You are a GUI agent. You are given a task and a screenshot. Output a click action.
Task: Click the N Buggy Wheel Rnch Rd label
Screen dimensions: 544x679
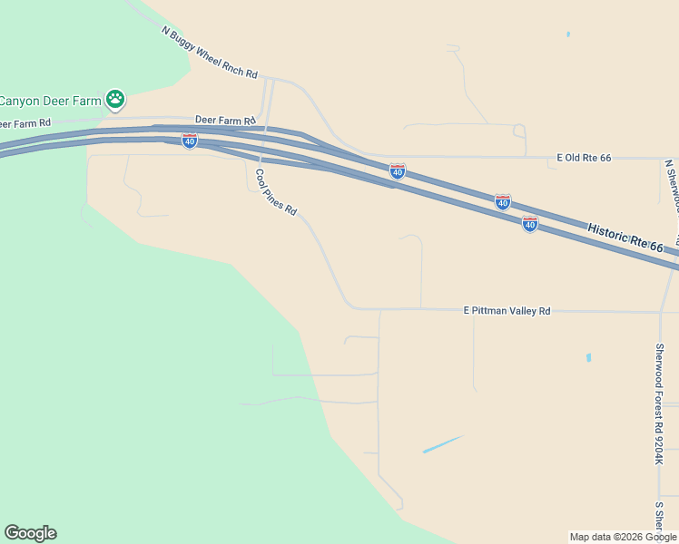coord(210,53)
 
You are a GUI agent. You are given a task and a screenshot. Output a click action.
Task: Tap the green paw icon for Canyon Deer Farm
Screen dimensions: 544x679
coord(114,100)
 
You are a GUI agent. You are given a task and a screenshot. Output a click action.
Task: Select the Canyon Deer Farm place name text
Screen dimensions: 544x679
coord(50,101)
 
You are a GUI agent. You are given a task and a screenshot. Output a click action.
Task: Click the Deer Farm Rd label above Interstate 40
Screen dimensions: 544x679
coord(225,120)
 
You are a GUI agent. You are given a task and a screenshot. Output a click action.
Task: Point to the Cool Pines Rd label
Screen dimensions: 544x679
coord(276,192)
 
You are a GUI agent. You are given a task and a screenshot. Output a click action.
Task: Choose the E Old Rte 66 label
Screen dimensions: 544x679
coord(584,158)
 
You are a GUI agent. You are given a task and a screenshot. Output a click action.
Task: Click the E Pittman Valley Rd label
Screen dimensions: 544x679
coord(507,310)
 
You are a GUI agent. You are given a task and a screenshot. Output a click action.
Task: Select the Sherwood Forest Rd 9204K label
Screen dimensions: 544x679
coord(660,404)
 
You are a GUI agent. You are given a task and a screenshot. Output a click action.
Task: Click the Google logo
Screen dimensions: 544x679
coord(30,533)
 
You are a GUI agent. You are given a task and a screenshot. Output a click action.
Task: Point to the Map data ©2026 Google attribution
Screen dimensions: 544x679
coord(623,537)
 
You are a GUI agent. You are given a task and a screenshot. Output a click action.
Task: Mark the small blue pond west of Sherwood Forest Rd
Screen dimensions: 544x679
coord(588,357)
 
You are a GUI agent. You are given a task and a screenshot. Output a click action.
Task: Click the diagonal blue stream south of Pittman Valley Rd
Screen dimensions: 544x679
coord(443,444)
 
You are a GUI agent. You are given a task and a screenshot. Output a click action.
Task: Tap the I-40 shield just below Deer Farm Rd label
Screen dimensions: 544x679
coord(189,141)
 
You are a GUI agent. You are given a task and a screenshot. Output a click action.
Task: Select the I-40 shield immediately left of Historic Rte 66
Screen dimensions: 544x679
coord(530,223)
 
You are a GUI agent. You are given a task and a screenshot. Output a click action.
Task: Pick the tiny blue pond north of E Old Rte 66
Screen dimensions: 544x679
coord(568,34)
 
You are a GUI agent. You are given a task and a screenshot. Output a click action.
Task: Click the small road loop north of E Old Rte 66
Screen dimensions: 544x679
coord(520,131)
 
